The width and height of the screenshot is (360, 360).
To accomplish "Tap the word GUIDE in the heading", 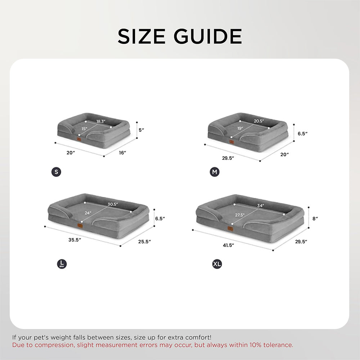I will click(x=209, y=36).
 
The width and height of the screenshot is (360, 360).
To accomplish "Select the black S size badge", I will click(x=56, y=172).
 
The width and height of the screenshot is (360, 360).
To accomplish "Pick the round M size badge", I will click(x=215, y=172).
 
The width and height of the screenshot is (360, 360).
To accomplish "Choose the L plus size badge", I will click(x=62, y=264).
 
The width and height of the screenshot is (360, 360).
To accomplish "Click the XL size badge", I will click(x=217, y=264).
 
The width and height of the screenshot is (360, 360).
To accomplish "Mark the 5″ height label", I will click(x=141, y=130).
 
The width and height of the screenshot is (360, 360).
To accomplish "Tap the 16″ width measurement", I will click(x=122, y=153).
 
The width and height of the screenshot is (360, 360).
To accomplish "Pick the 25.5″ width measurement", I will click(x=144, y=241).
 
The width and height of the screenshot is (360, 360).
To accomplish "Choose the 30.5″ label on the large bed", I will click(x=113, y=204).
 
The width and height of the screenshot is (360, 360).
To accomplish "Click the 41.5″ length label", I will click(x=228, y=245).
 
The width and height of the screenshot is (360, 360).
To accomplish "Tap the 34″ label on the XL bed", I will click(x=260, y=206).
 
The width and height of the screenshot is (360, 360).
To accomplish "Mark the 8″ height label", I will click(x=315, y=218).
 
